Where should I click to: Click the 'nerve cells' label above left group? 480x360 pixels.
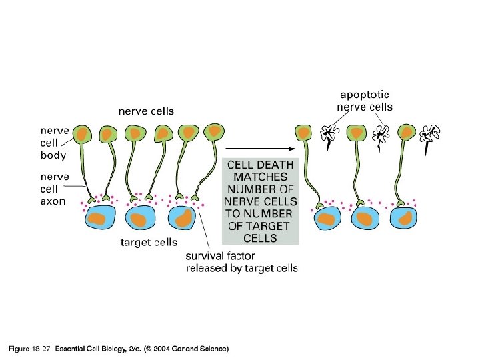tap(146, 111)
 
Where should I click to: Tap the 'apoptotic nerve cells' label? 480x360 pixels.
tap(363, 101)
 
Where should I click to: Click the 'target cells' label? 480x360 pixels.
tap(148, 243)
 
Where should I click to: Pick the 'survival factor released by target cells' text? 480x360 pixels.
tap(241, 262)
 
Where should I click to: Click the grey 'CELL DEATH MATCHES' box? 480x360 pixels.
tap(260, 200)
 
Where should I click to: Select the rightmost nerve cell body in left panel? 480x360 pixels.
tap(214, 132)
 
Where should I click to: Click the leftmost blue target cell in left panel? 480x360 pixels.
tap(100, 218)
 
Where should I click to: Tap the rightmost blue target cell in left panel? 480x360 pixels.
tap(183, 218)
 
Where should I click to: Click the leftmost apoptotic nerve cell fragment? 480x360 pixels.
tap(328, 135)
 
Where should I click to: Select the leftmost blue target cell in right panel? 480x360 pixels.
tap(326, 218)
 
